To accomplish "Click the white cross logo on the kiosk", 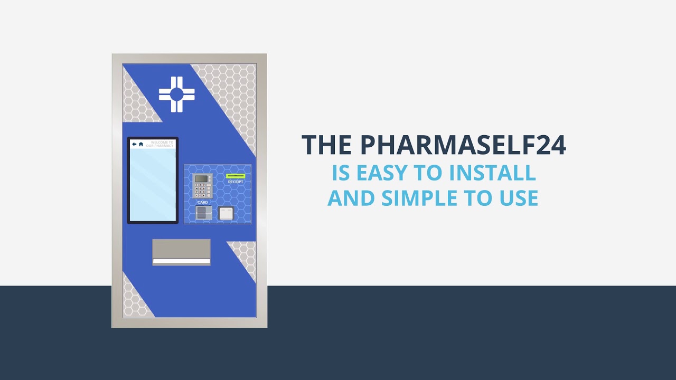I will click(x=176, y=94).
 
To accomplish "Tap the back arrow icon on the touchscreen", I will click(x=134, y=144).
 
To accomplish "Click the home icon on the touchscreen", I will click(x=141, y=144).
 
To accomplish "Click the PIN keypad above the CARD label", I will click(x=202, y=186).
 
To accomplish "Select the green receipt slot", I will click(x=236, y=176).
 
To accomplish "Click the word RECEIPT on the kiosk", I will click(x=236, y=182).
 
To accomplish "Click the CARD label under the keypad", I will click(x=203, y=202).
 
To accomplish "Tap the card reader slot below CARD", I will click(x=203, y=213).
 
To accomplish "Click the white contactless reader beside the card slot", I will click(x=226, y=213).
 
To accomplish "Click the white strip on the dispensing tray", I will click(x=181, y=261).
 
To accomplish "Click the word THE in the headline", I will click(x=327, y=145).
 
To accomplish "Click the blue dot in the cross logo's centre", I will click(x=176, y=94).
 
